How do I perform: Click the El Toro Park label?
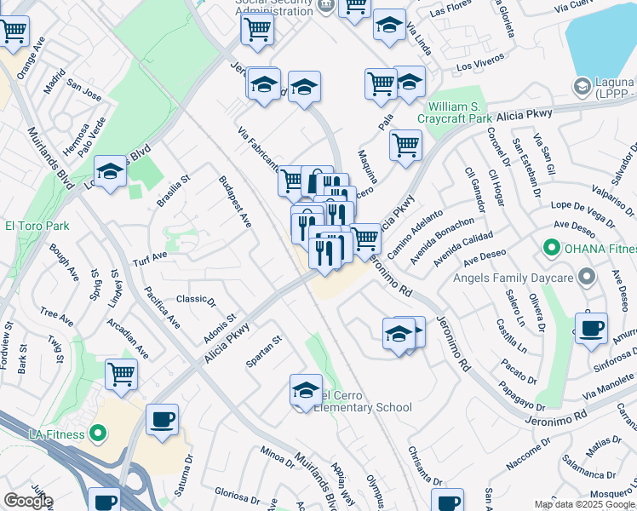[x=37, y=226]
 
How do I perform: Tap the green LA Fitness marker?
[x=97, y=433]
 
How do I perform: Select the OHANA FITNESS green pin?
[x=550, y=249]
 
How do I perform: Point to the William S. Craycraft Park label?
[x=472, y=113]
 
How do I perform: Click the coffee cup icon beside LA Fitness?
[x=162, y=420]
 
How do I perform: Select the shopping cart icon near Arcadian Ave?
[x=122, y=372]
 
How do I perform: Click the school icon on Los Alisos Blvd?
[x=110, y=171]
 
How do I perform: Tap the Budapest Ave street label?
[x=235, y=202]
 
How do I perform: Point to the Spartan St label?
[x=264, y=351]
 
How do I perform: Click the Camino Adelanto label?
[x=416, y=235]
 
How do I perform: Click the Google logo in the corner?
[x=27, y=501]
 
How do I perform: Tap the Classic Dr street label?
[x=196, y=299]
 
